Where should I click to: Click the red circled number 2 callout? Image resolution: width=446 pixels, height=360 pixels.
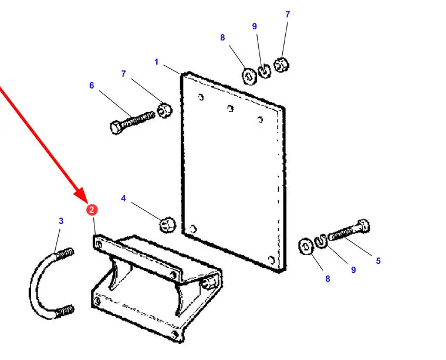point(92,210)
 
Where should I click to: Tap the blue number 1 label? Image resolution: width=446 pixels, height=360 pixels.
point(157,62)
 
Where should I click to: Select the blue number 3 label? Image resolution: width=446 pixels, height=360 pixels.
point(61,221)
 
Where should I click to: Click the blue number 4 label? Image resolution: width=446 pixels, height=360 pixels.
point(123,198)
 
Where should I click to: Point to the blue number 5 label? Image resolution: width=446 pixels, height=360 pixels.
point(378,260)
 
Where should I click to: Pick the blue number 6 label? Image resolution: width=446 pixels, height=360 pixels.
point(92,85)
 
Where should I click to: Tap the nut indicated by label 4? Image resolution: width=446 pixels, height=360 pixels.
point(167,225)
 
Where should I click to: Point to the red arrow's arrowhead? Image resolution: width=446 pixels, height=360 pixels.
point(83,195)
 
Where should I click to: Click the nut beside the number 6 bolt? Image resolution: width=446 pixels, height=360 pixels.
point(165,111)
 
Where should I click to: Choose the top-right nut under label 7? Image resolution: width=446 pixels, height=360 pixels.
point(281,64)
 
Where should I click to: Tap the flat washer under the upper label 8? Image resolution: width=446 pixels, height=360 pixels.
point(249,76)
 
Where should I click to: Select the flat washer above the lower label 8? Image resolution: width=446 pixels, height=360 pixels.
point(306,246)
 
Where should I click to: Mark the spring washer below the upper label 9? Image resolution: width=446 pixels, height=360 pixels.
point(264,72)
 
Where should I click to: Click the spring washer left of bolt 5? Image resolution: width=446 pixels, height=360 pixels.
point(321,240)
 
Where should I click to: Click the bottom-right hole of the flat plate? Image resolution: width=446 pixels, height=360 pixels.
point(272,260)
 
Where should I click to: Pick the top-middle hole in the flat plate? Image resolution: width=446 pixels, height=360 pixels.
point(231,108)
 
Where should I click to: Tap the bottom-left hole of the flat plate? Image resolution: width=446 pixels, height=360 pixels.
point(193,229)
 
